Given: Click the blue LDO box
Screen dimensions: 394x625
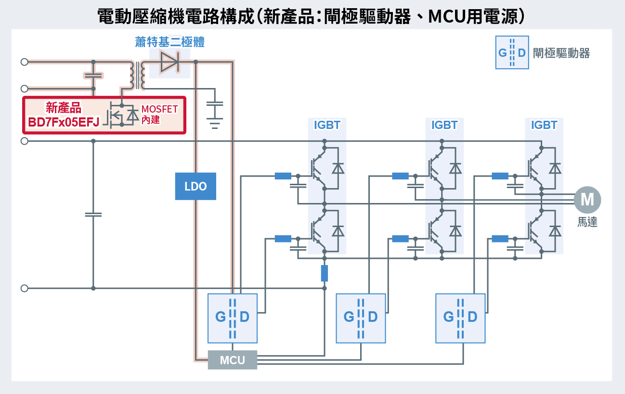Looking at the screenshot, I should (x=195, y=186).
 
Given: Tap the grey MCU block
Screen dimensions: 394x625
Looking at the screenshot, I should (x=233, y=360).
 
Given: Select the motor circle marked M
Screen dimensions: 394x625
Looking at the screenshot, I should (x=587, y=199).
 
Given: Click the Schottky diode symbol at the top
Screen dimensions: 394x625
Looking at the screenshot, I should (x=169, y=62).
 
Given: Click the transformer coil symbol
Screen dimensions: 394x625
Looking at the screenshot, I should (x=137, y=75).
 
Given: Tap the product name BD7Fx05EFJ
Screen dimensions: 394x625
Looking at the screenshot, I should (x=64, y=122).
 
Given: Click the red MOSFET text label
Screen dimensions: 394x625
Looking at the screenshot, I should (x=159, y=109).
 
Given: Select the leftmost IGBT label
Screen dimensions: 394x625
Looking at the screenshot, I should (x=327, y=125).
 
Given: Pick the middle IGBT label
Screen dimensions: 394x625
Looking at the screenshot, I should (x=444, y=125).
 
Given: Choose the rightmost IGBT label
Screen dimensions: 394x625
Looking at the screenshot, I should (x=544, y=125).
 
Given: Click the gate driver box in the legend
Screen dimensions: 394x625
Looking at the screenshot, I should (x=512, y=52).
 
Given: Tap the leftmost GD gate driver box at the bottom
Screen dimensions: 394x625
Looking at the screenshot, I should (x=232, y=318).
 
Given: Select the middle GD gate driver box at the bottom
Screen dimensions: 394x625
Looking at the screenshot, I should (x=361, y=318).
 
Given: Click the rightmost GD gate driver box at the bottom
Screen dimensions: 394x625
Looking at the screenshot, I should (x=460, y=318).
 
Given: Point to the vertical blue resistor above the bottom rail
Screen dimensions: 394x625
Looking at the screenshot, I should (x=324, y=273).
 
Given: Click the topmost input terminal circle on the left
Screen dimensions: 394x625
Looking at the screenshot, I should (x=24, y=62).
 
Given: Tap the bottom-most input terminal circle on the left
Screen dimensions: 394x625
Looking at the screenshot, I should (x=24, y=288).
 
